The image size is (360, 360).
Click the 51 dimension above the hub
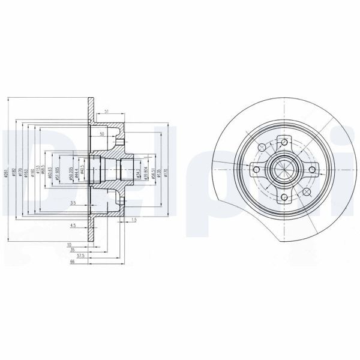coord(106,112)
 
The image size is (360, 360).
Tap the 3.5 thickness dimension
coord(72,204)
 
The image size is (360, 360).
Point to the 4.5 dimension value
coord(73,226)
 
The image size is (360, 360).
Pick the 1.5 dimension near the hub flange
coord(133,221)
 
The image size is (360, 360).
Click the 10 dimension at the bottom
coord(70,245)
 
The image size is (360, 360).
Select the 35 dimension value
coord(72,251)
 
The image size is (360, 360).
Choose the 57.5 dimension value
coord(71,257)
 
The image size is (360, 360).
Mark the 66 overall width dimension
coord(71,263)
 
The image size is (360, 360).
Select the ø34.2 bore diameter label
coord(137,174)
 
